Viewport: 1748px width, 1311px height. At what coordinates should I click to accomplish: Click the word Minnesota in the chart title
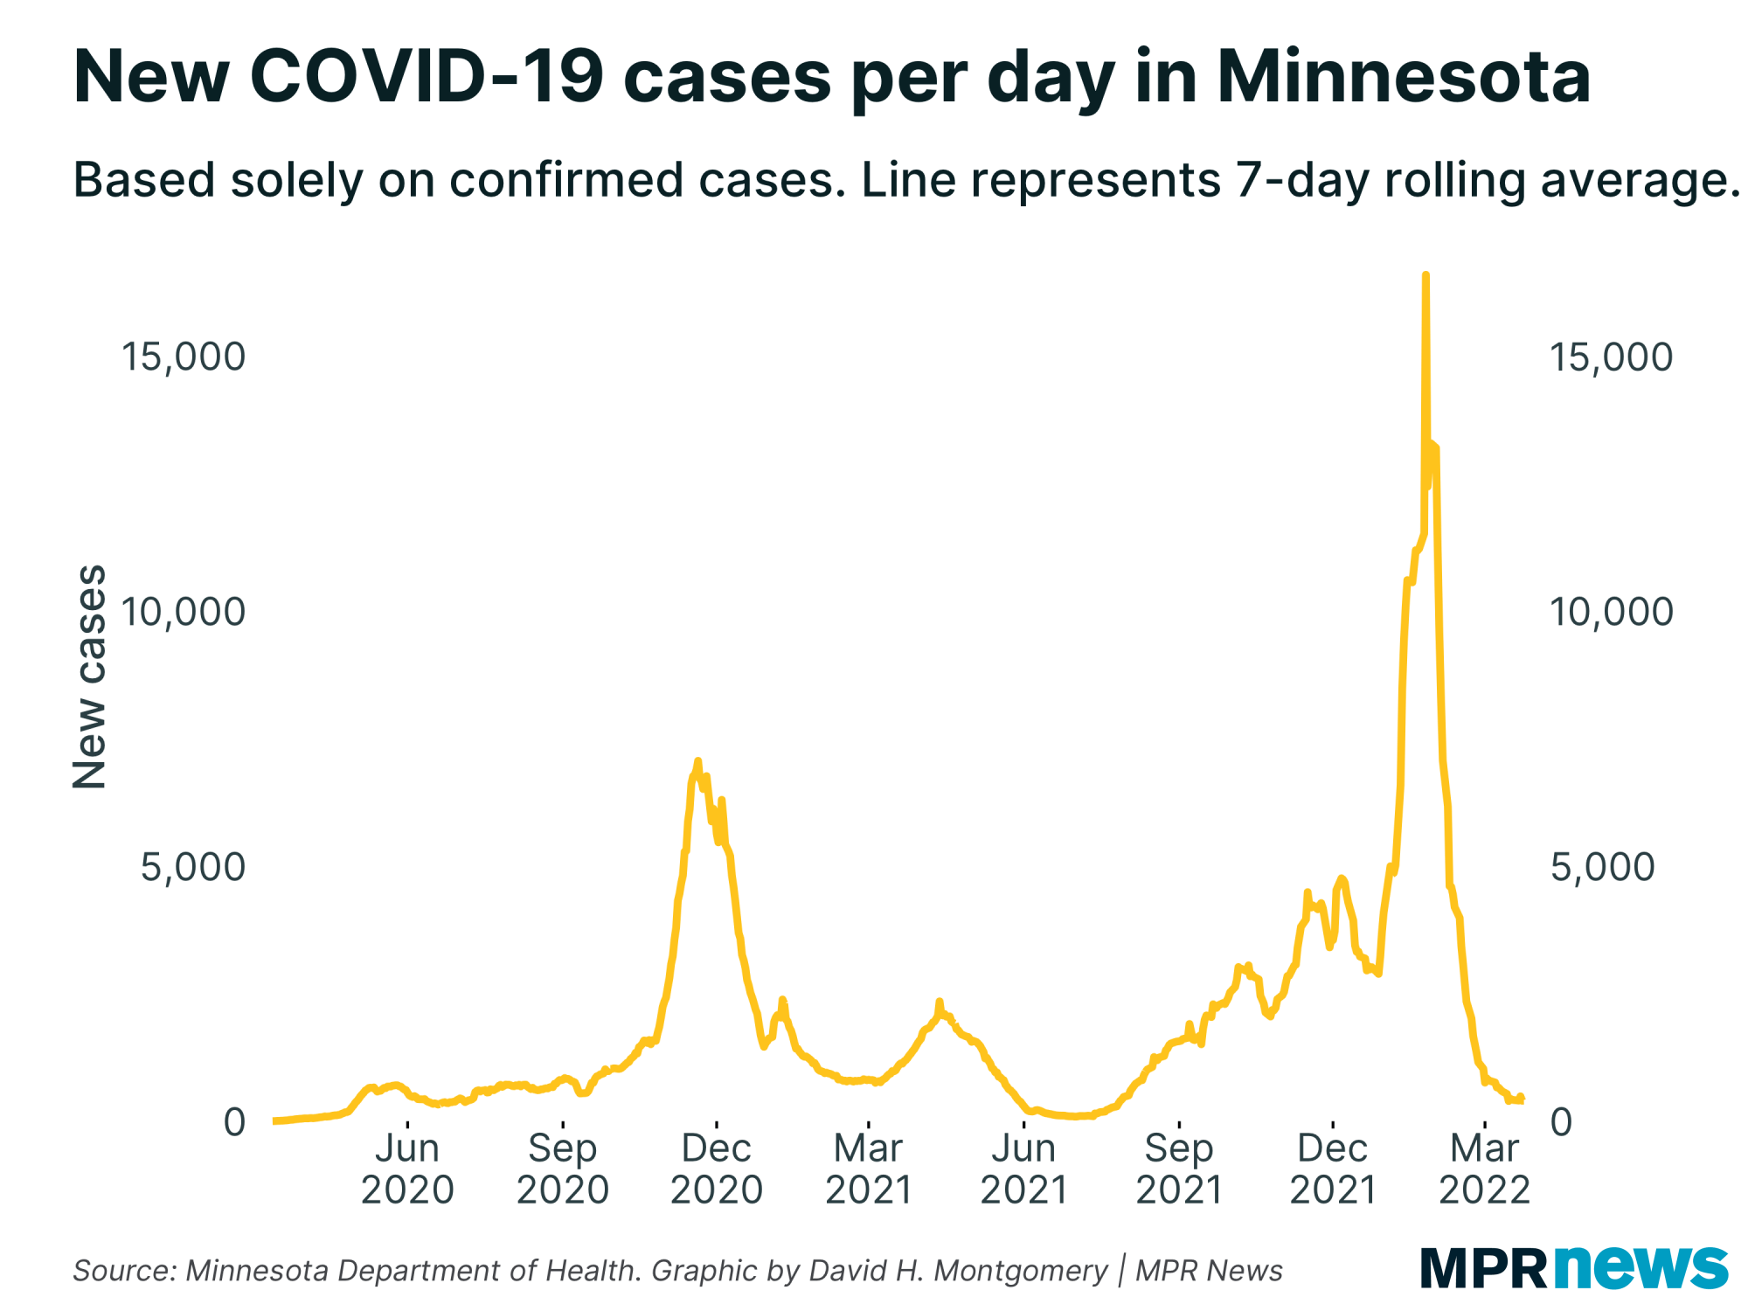[x=1404, y=77]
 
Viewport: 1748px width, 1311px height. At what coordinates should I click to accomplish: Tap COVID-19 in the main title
[x=427, y=77]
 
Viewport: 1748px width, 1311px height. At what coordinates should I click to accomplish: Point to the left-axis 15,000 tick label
[x=183, y=357]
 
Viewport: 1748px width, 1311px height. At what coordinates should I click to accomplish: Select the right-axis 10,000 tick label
[x=1611, y=612]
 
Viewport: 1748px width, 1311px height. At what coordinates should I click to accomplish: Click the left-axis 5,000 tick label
[x=192, y=867]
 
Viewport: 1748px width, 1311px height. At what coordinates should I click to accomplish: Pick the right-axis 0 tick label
[x=1561, y=1122]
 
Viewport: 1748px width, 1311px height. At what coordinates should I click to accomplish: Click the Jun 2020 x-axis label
[x=407, y=1169]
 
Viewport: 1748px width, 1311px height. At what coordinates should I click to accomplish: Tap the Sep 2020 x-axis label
[x=563, y=1169]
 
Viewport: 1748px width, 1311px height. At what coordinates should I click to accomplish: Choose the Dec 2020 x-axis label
[x=717, y=1169]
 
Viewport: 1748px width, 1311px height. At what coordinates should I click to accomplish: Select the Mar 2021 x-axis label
[x=869, y=1169]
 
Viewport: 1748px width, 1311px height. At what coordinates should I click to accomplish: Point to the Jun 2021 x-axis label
[x=1024, y=1169]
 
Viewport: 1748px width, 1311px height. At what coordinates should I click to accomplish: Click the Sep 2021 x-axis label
[x=1179, y=1169]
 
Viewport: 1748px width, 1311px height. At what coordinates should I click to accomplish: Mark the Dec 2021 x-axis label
[x=1333, y=1169]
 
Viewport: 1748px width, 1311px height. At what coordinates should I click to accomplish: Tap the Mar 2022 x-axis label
[x=1485, y=1169]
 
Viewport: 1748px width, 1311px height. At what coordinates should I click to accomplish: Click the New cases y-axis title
[x=89, y=677]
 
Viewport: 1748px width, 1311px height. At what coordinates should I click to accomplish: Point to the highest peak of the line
[x=1425, y=276]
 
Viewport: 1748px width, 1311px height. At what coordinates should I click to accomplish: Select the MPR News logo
[x=1574, y=1267]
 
